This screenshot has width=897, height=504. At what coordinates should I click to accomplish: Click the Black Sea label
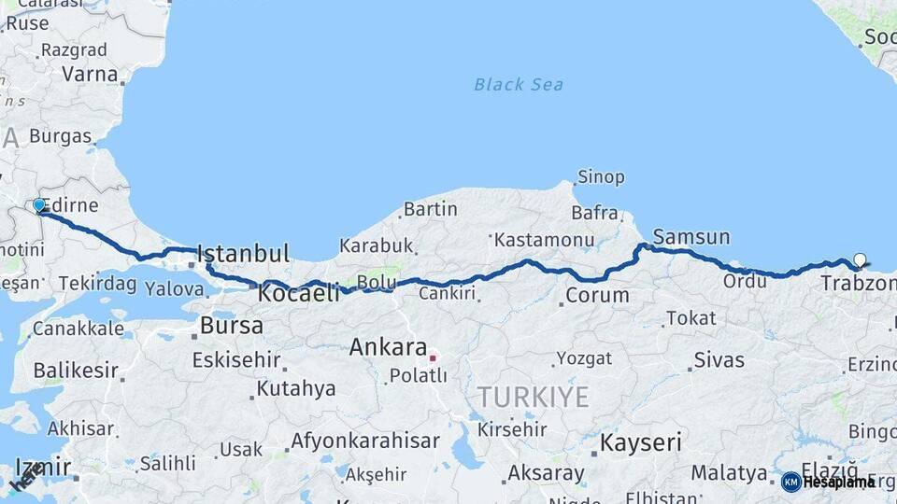(519, 85)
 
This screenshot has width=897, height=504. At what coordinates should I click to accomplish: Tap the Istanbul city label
(243, 254)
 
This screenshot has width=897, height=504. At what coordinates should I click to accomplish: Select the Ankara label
(388, 348)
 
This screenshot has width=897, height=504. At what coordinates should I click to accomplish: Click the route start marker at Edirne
(39, 205)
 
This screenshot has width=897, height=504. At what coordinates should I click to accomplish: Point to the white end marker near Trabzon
(860, 260)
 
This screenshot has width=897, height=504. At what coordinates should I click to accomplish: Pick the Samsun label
(691, 236)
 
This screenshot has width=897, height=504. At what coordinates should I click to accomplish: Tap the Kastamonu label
(545, 240)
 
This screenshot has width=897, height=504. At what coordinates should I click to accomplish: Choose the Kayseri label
(640, 442)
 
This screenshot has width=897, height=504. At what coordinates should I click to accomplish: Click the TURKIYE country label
(534, 398)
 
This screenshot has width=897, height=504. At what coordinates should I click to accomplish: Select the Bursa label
(232, 326)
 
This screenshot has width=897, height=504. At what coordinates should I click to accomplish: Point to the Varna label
(90, 75)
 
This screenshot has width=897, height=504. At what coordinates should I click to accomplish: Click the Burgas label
(60, 136)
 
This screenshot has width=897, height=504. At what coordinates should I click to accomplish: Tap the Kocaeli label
(299, 293)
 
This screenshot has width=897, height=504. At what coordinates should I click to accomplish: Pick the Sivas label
(719, 360)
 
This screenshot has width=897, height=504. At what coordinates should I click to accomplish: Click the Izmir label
(43, 467)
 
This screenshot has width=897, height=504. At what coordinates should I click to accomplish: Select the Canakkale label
(78, 329)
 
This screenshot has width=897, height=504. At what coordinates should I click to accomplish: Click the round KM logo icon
(791, 482)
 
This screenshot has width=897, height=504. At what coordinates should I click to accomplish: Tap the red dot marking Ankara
(433, 357)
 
